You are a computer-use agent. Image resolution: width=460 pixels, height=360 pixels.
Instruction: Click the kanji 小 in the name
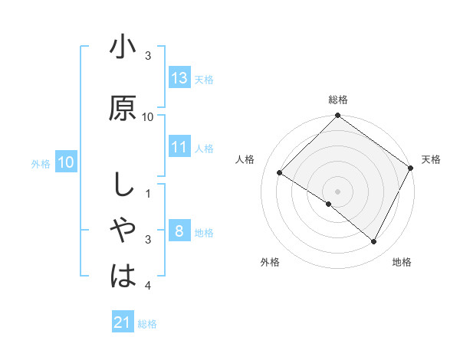[123, 48]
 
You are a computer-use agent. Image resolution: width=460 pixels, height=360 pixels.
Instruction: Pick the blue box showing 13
[179, 78]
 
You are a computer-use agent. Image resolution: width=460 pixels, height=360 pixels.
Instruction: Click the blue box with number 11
[179, 147]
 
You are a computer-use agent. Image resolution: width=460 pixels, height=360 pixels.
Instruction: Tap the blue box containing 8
[179, 231]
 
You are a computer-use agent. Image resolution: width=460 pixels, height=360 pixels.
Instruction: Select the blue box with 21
[123, 322]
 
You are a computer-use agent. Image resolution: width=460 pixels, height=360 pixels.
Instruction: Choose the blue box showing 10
[66, 162]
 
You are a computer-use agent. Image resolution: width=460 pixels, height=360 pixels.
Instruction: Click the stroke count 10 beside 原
[148, 116]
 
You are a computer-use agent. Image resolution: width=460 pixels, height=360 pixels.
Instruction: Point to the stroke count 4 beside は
[148, 286]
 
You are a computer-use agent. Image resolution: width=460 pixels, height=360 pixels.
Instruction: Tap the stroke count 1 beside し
[148, 193]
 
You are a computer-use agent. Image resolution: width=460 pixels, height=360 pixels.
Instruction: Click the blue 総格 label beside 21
[147, 324]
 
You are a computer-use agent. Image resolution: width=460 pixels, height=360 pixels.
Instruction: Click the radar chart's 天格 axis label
[431, 159]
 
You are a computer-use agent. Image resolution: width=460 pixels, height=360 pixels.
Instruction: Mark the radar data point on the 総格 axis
[337, 116]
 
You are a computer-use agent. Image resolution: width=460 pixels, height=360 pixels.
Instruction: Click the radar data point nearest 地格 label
[374, 242]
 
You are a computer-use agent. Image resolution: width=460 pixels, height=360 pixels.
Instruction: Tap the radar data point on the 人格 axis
[280, 172]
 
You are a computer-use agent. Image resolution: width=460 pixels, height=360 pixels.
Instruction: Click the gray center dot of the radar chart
[337, 191]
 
